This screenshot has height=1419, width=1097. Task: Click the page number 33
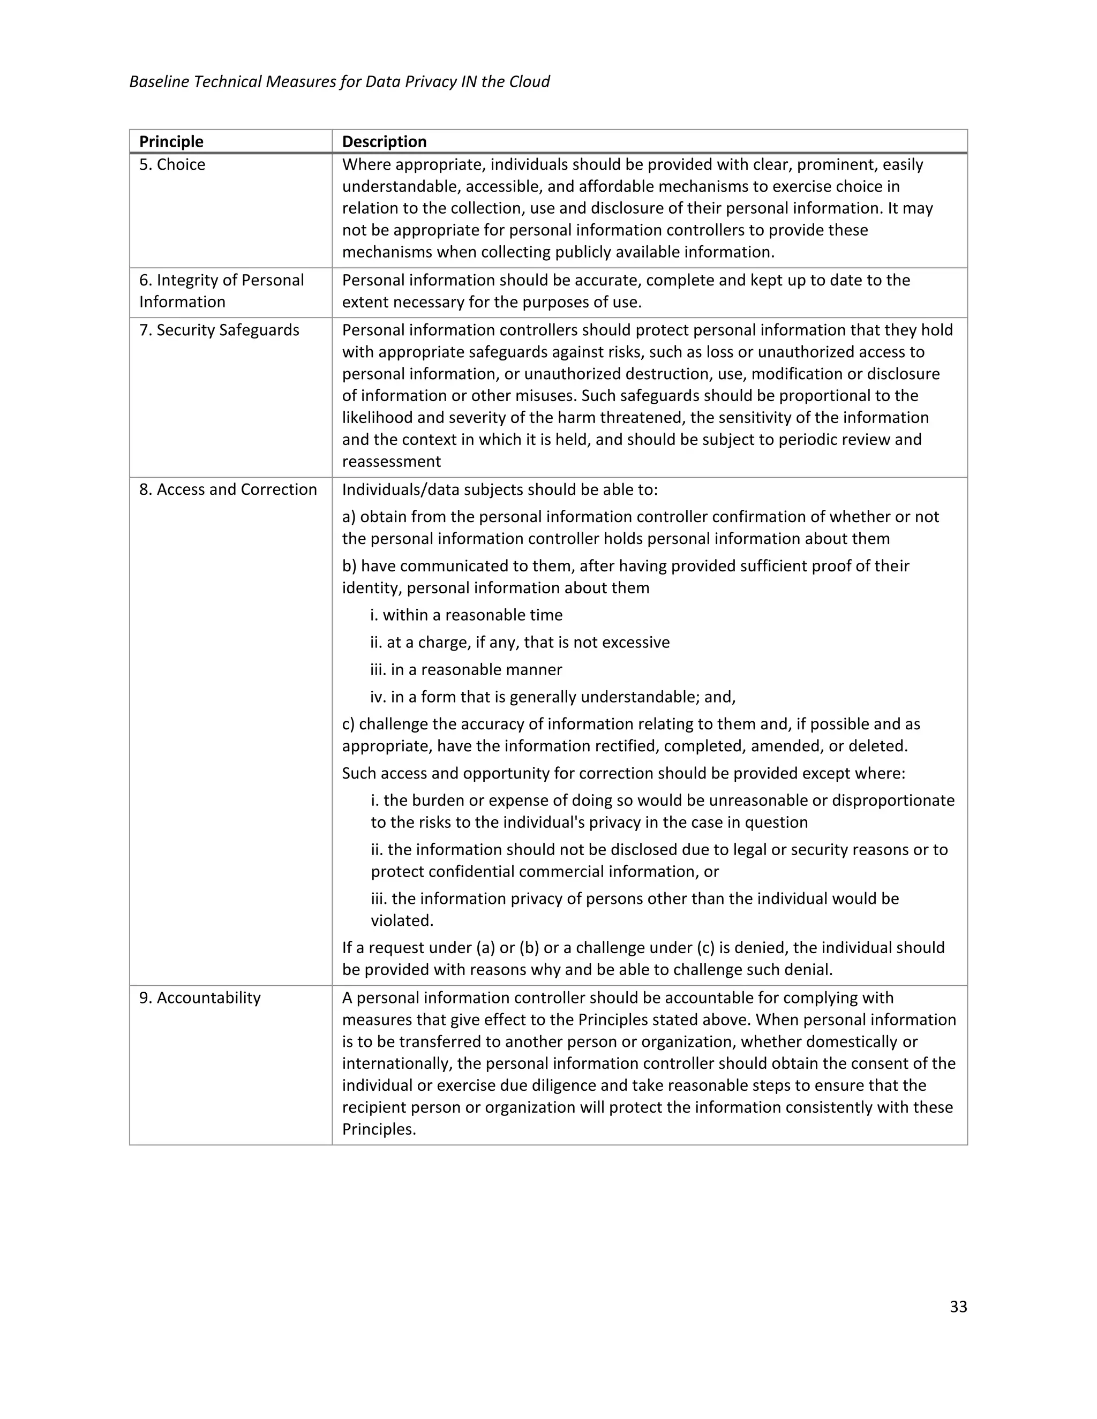tap(958, 1307)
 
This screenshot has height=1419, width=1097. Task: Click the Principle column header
tap(171, 142)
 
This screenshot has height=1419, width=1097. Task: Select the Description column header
tap(384, 142)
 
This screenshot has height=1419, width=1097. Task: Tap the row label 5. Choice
tap(172, 164)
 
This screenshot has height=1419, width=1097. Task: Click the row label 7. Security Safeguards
tap(219, 330)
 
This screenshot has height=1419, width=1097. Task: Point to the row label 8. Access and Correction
tap(228, 489)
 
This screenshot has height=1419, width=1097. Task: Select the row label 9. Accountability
tap(199, 998)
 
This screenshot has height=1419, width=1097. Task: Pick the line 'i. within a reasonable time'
tap(466, 615)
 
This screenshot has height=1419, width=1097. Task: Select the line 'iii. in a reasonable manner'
tap(466, 669)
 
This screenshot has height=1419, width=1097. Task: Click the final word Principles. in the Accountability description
tap(379, 1129)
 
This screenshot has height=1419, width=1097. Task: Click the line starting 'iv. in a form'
tap(552, 697)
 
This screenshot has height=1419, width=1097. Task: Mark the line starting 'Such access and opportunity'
tap(623, 773)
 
